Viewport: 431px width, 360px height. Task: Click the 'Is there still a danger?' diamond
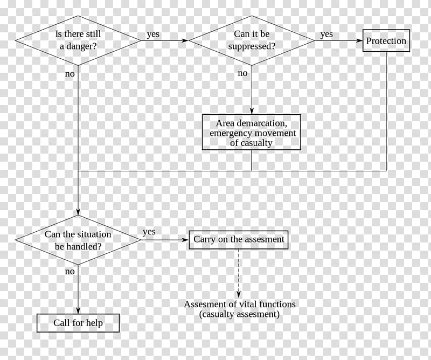coord(78,40)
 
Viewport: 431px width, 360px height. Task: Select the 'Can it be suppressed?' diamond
coord(252,40)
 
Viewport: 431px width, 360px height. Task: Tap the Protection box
coord(386,41)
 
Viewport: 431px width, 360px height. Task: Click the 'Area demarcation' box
coord(252,132)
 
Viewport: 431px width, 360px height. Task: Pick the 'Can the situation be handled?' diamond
coord(78,240)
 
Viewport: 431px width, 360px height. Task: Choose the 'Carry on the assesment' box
coord(239,240)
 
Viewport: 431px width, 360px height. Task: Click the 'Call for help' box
coord(78,323)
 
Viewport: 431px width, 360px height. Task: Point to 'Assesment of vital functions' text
coord(240,304)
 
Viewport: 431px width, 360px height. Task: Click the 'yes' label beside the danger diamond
coord(153,34)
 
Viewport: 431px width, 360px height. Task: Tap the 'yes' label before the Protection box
coord(326,34)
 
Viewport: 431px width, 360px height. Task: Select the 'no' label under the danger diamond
coord(70,74)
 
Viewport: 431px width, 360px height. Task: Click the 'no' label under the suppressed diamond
coord(243,73)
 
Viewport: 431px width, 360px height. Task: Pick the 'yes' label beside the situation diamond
coord(149,232)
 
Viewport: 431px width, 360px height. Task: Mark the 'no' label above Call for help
coord(70,271)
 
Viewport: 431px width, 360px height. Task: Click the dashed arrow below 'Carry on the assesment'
coord(239,273)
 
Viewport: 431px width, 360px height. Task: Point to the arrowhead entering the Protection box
coord(359,41)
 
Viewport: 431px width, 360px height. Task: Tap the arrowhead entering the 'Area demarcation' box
coord(252,111)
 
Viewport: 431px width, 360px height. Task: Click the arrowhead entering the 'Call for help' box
coord(78,310)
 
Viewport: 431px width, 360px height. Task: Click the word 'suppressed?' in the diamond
coord(252,46)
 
